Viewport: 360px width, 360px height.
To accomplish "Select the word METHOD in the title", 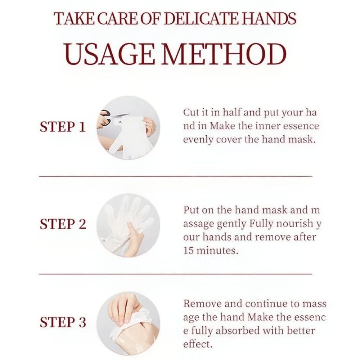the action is pos(224,54).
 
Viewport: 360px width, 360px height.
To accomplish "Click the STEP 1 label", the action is pos(63,127).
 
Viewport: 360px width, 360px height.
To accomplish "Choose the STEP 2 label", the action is pos(63,224).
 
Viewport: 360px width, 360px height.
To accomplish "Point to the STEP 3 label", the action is pos(63,322).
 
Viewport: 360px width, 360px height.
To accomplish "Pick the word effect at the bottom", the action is pos(197,344).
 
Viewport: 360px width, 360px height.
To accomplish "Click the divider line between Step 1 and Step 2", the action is pos(176,176).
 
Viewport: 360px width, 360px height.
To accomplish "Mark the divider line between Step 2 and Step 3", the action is pos(176,274).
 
